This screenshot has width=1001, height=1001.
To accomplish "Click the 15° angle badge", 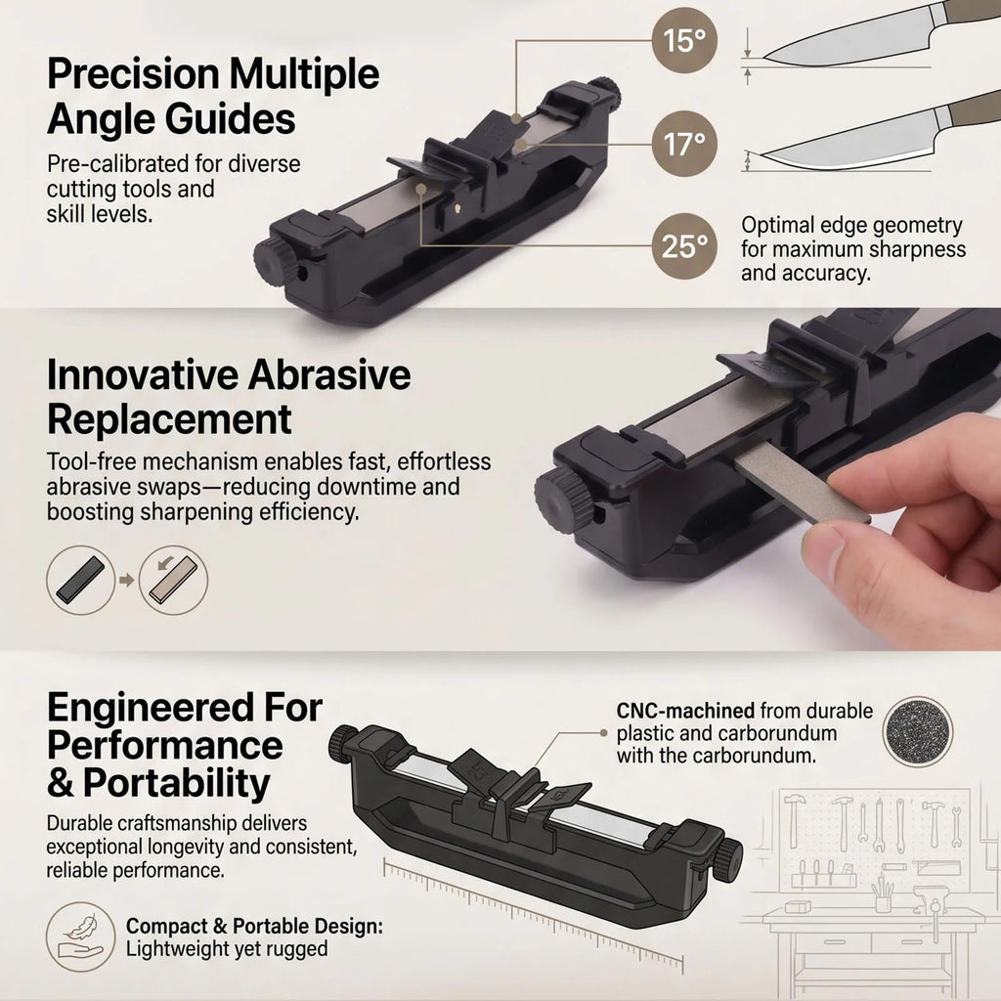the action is [684, 40].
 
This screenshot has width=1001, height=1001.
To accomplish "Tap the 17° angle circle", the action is [684, 144].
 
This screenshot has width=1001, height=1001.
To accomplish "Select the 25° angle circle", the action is [684, 245].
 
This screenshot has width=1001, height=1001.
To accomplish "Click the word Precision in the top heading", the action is [133, 74].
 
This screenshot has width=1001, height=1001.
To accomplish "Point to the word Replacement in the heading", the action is [169, 419].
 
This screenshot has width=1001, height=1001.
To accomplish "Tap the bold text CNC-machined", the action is [685, 711].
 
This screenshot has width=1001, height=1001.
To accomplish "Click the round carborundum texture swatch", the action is [918, 731].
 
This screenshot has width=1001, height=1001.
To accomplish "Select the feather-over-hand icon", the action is [80, 936].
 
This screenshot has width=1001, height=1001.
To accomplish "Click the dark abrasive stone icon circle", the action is [80, 581].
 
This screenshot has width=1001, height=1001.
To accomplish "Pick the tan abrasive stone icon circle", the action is [174, 581].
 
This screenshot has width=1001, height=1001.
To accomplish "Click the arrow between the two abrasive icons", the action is [126, 581].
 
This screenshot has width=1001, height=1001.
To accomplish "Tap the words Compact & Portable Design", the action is [254, 927].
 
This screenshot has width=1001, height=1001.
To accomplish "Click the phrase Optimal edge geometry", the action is [851, 226].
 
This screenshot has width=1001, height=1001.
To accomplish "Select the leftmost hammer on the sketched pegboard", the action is [794, 819].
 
